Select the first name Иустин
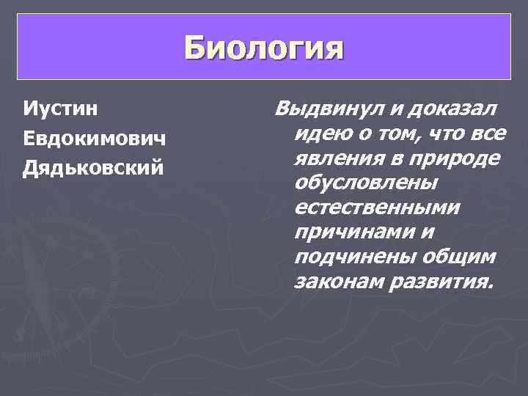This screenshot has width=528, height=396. click(62, 110)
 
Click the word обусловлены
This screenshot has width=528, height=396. click(364, 184)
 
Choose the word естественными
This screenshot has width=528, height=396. click(377, 208)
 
